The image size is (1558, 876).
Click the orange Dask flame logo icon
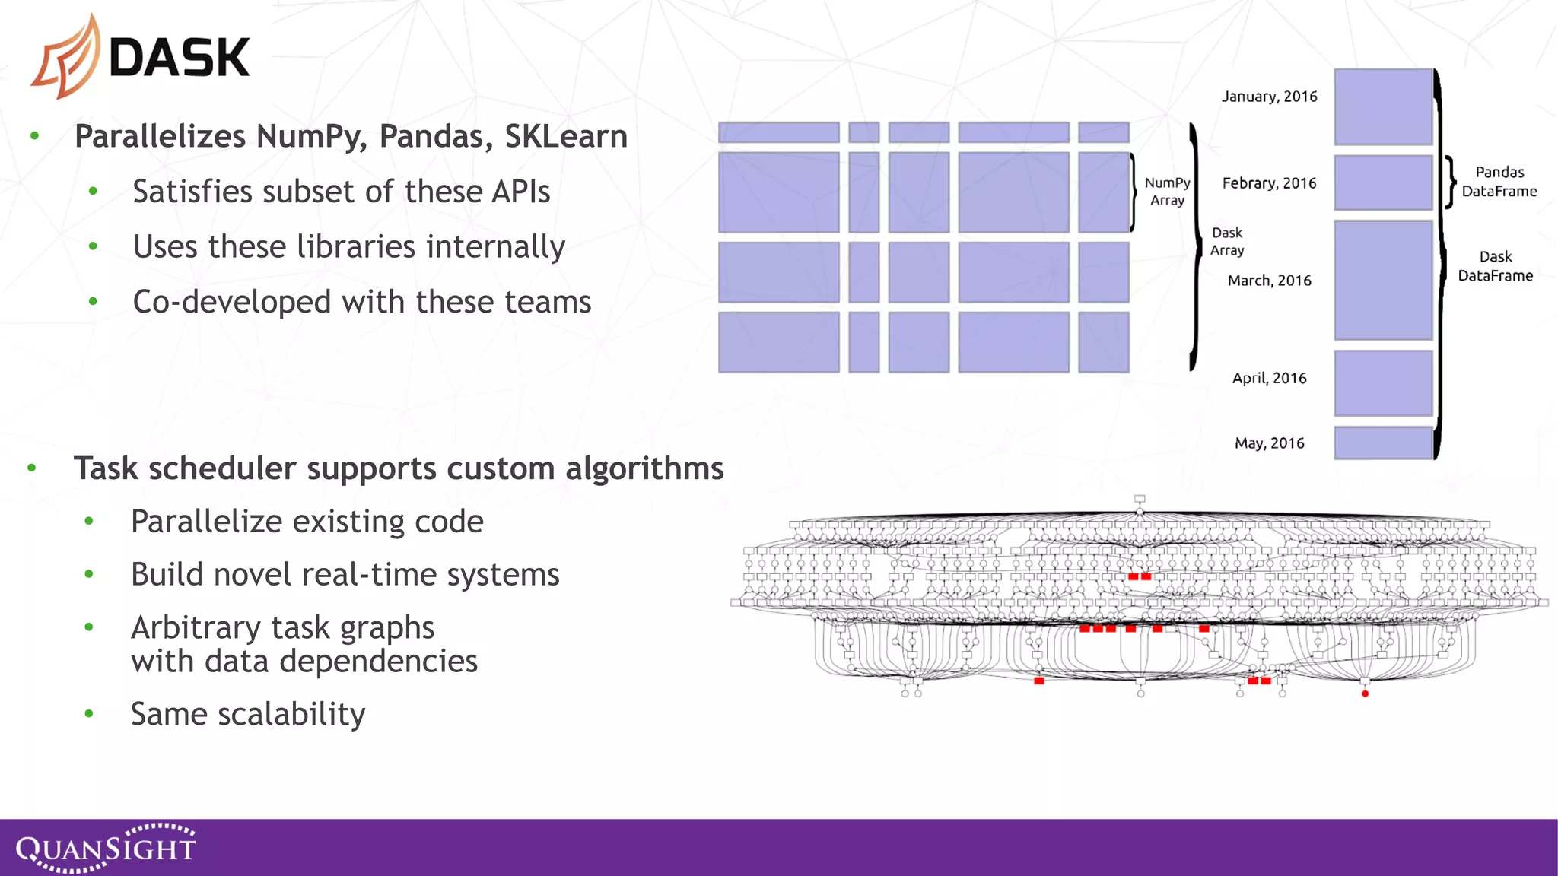[x=67, y=57]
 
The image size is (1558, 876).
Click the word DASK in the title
[x=180, y=58]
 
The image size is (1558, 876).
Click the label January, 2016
[x=1269, y=97]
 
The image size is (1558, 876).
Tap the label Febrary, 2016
[x=1269, y=183]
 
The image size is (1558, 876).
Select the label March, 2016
[x=1269, y=281]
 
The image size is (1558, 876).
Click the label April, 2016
[x=1269, y=378]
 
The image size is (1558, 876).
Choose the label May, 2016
[x=1269, y=443]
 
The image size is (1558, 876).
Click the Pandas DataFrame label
[x=1499, y=182]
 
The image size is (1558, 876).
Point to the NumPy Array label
[x=1167, y=192]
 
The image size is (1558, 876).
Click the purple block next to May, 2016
[x=1383, y=443]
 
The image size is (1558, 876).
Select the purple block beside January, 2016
[x=1383, y=106]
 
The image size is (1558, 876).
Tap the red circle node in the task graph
[x=1365, y=693]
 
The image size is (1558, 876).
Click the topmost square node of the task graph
[x=1140, y=500]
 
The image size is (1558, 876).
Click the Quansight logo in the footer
[x=106, y=848]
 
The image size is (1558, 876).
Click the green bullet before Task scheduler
[x=32, y=468]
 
